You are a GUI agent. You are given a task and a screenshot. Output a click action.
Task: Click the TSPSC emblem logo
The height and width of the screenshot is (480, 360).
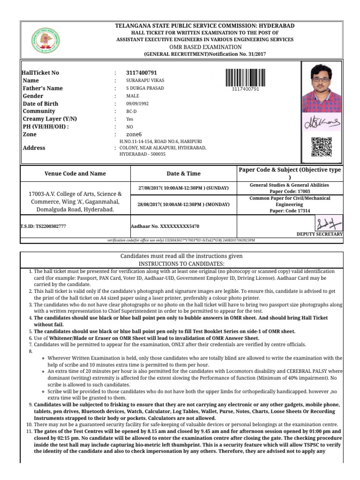click(46, 41)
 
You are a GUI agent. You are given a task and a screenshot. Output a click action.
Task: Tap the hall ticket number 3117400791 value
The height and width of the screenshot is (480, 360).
click(142, 73)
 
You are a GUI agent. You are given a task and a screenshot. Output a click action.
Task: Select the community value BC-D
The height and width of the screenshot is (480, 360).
click(131, 112)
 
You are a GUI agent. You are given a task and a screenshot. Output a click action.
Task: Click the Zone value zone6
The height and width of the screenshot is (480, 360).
click(134, 134)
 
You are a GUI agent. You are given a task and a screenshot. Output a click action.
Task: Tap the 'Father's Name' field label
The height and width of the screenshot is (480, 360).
click(43, 88)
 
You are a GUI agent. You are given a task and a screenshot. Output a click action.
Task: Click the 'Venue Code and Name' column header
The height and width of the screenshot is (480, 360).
click(75, 173)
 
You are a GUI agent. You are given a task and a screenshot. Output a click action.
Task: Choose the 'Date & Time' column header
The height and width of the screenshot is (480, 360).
click(183, 173)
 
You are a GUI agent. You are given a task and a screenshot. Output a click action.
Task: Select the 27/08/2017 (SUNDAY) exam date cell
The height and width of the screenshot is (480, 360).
click(183, 188)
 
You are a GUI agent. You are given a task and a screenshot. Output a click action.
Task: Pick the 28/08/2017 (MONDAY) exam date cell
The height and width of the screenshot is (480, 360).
click(183, 205)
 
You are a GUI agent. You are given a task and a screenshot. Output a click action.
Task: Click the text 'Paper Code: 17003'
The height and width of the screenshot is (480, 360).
click(290, 191)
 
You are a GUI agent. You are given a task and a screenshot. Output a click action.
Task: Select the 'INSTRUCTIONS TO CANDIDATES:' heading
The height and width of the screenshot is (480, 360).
click(181, 264)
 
